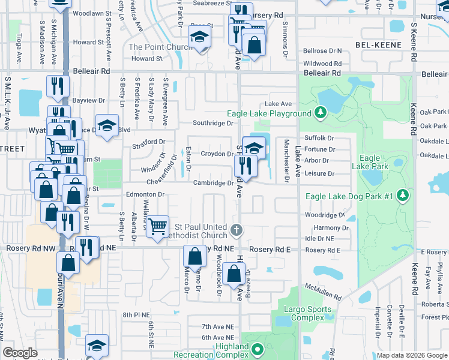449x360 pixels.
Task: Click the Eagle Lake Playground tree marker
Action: [321, 113]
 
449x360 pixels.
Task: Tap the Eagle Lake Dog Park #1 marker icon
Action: [404, 196]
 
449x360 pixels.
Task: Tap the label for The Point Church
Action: [160, 47]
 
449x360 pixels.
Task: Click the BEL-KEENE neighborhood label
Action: [376, 45]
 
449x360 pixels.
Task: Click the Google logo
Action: [20, 352]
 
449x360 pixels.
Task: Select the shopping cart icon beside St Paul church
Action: [157, 227]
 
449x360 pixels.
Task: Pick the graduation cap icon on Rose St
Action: [200, 37]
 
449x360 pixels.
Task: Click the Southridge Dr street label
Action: [212, 123]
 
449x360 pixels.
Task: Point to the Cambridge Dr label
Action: [212, 183]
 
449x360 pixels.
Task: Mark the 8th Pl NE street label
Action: [135, 314]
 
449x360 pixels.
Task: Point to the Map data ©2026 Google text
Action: [411, 355]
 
